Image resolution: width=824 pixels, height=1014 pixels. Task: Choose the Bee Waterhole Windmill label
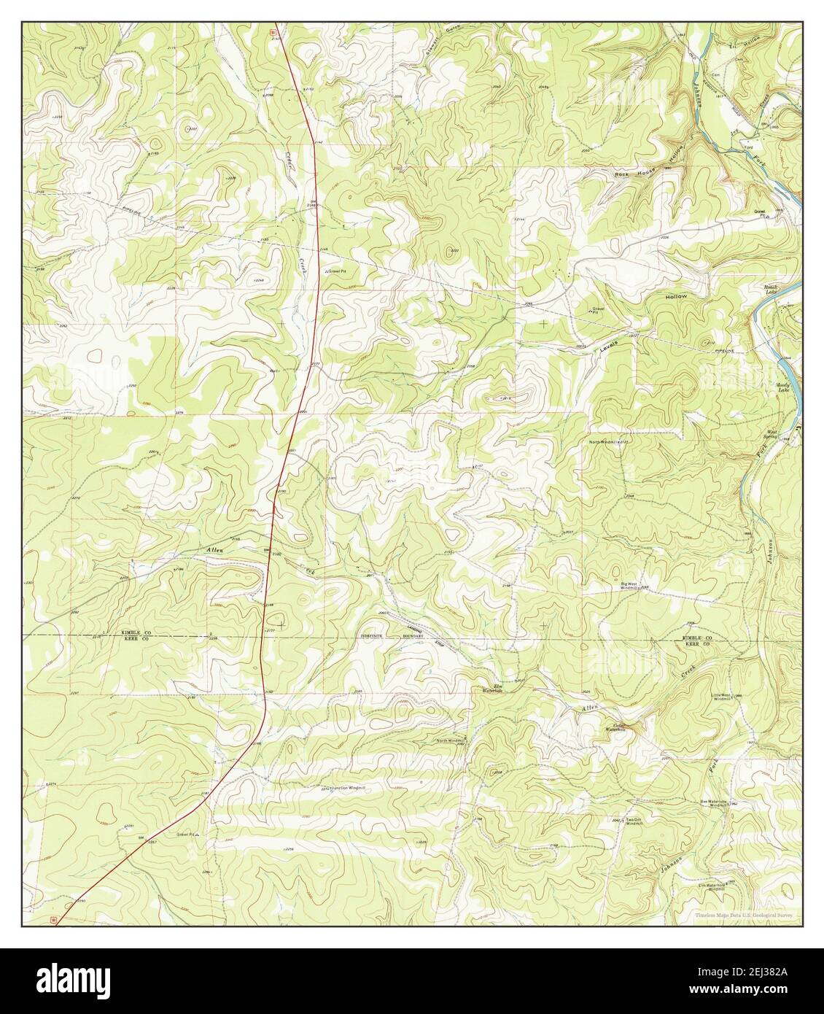[x=714, y=802]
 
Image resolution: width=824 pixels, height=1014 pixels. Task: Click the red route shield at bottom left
[x=53, y=920]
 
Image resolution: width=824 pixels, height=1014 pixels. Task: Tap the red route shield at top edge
[x=273, y=31]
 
